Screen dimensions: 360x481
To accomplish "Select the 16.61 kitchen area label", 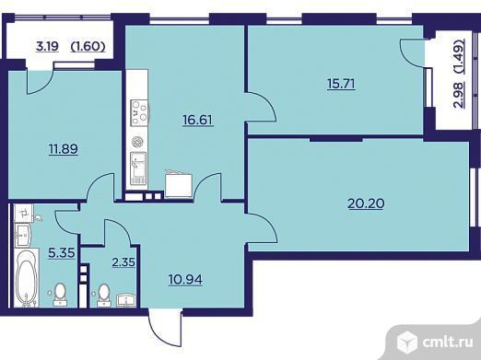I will coord(198,118).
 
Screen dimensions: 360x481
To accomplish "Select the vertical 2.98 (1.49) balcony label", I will coord(458,74).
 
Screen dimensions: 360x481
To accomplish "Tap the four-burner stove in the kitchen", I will coord(139,113).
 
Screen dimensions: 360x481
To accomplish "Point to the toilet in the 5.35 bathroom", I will coord(61,292).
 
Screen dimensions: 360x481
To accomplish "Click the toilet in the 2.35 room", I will coord(104,294).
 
